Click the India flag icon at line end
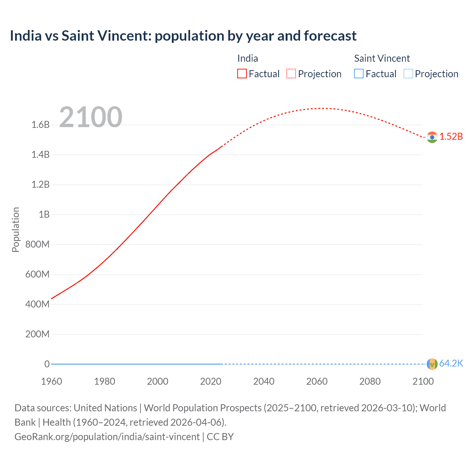tap(432, 137)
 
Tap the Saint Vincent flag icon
tap(432, 364)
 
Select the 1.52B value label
tap(451, 136)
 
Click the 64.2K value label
tap(451, 363)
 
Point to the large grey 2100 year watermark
tap(91, 117)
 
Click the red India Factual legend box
tap(242, 74)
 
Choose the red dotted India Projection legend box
tap(291, 74)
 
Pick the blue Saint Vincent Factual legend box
tap(359, 74)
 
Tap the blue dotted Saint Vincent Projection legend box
tap(408, 74)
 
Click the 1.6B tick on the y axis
tap(41, 125)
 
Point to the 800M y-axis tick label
tap(37, 244)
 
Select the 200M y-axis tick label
tap(37, 334)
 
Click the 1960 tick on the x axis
tap(51, 381)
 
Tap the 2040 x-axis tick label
tap(264, 381)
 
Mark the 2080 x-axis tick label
tap(370, 381)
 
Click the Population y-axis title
tap(16, 229)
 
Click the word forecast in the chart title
tap(330, 36)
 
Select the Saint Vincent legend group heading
tap(382, 58)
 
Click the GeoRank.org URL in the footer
tap(107, 436)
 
